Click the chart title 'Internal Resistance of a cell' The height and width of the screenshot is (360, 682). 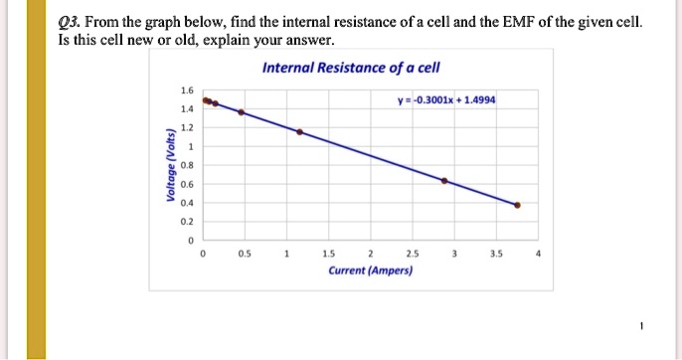click(350, 68)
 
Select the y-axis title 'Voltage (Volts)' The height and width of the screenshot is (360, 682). click(172, 168)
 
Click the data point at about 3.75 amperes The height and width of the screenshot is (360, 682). click(517, 205)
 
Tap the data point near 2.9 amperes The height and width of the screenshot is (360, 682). click(444, 181)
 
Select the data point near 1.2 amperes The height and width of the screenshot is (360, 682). click(301, 131)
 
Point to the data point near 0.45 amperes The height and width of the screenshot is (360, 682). click(240, 111)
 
